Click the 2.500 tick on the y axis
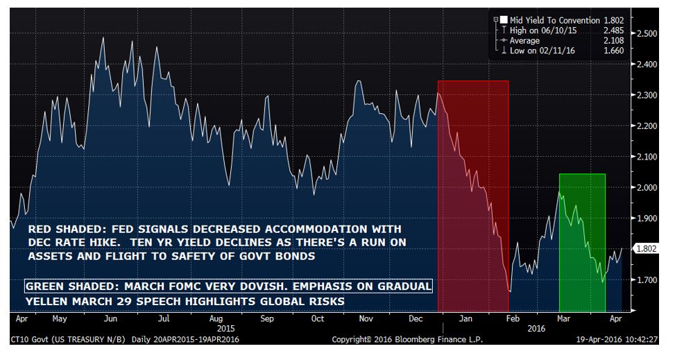[x=647, y=33]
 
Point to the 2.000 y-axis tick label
[x=647, y=187]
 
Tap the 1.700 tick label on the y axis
[x=647, y=280]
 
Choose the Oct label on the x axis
[x=317, y=320]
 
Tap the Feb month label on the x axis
[x=512, y=320]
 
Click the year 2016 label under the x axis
[x=535, y=329]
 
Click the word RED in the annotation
[x=39, y=229]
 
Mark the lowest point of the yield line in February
[x=510, y=292]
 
